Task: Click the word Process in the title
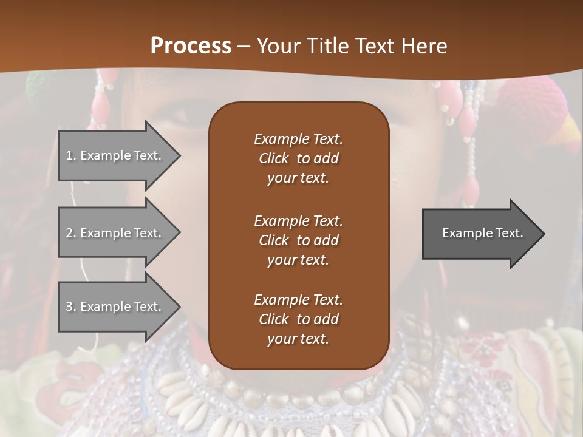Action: (191, 46)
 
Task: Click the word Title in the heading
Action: (328, 46)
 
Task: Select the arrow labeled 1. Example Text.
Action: (115, 155)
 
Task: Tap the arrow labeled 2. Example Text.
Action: (115, 233)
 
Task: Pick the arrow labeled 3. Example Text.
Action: (115, 307)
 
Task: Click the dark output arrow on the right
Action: (480, 233)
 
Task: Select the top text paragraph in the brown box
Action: (298, 158)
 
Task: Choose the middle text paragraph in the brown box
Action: (298, 240)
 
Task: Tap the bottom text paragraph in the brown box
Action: (298, 319)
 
